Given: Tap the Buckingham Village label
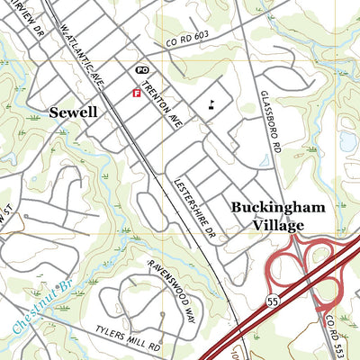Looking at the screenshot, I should point(276,217).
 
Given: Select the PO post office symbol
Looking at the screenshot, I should point(141,69).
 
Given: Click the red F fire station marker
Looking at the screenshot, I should point(136,92).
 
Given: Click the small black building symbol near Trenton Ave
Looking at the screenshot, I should point(211,103).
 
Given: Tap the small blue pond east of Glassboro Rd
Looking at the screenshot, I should point(347,140).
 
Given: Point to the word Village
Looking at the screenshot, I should point(276,227).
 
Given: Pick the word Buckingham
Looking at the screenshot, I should point(276,207).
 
